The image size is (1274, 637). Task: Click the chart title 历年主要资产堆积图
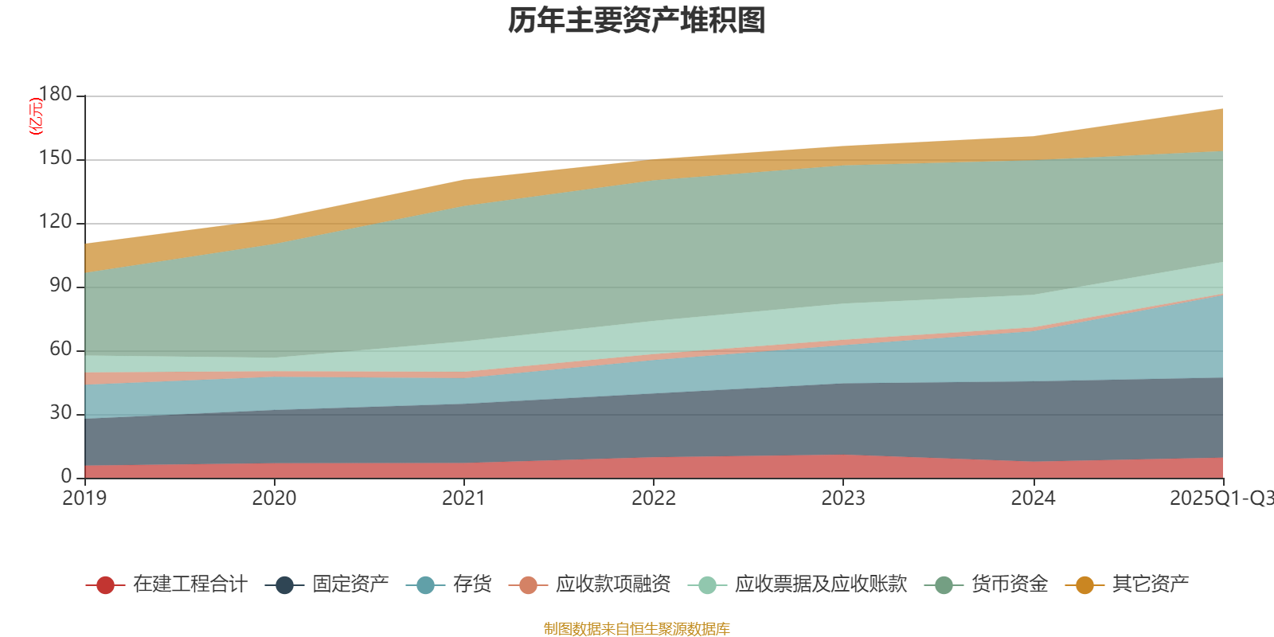(637, 21)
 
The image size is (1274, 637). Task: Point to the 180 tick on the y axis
(55, 95)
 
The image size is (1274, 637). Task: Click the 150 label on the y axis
(55, 158)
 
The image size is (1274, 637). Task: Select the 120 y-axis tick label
(55, 222)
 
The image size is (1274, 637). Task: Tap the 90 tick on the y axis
(61, 286)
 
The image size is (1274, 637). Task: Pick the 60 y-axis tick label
(61, 350)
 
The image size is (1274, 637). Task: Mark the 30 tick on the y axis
(61, 413)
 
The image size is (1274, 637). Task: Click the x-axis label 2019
(84, 498)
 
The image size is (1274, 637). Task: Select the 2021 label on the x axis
(463, 498)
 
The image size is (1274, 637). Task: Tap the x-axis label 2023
(843, 498)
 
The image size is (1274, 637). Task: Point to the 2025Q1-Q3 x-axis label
(1220, 498)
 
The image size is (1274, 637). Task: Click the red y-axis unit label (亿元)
(36, 116)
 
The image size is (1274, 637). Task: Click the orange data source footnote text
(637, 629)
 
